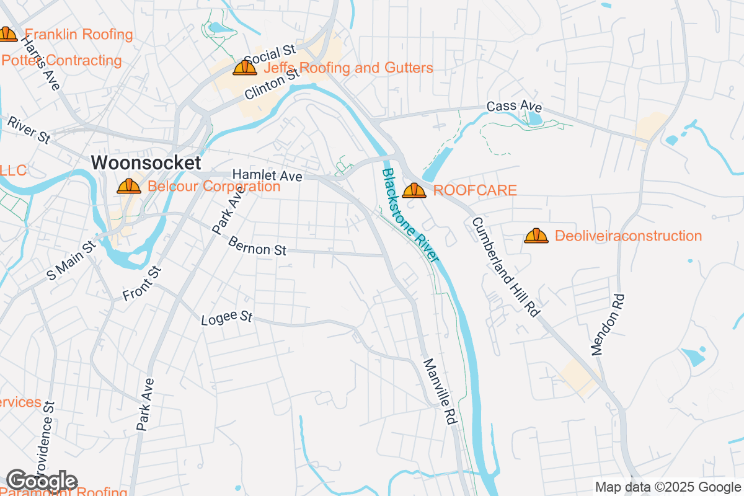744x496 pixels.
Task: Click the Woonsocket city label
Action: tap(146, 163)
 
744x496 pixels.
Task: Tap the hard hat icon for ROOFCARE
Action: tap(414, 190)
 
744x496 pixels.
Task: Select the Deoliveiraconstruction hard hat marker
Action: tap(536, 236)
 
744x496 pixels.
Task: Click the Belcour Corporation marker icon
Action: tap(129, 186)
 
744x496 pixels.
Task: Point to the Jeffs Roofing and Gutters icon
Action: tap(245, 68)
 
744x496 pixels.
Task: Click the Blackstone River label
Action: tap(410, 215)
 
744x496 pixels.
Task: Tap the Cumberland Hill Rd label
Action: tap(505, 267)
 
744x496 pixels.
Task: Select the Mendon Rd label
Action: tap(608, 324)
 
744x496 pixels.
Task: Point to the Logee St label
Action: tap(227, 319)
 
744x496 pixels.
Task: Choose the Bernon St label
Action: tap(257, 246)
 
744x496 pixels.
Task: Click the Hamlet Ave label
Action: tap(267, 176)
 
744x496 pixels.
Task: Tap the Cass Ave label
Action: tap(514, 107)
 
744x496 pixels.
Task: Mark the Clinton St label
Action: tap(272, 85)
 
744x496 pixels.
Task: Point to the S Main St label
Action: tap(72, 260)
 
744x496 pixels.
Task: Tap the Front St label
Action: tap(142, 284)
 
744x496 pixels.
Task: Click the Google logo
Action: tap(42, 480)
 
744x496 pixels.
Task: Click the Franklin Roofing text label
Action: tap(79, 35)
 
